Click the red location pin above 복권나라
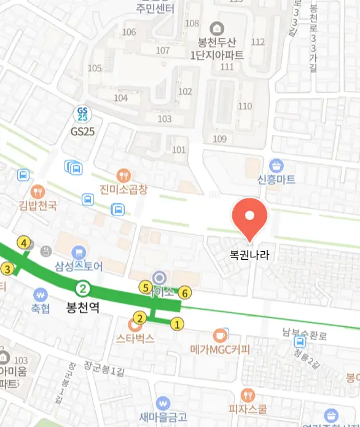249,216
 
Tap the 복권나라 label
250,253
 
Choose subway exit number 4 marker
24,243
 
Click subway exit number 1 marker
178,324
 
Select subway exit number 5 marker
146,287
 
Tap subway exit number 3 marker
7,268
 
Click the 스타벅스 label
135,338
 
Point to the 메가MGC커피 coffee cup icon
220,335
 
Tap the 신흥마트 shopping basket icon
276,165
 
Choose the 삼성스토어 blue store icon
78,253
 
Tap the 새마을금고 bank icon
163,403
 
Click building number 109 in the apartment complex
219,139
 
